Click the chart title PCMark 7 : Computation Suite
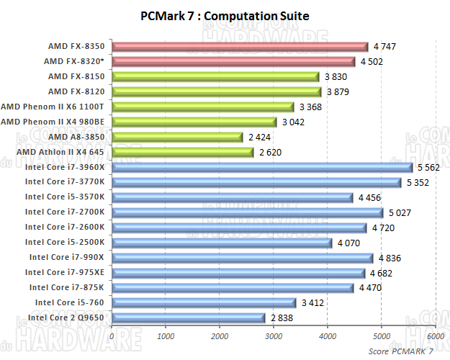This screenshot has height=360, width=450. (225, 15)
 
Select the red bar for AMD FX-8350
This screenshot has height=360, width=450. (239, 47)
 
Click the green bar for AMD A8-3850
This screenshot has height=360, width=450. (177, 137)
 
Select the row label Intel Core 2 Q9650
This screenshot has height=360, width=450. (66, 318)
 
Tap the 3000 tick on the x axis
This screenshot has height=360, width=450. (274, 336)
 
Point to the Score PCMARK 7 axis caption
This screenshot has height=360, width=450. (401, 351)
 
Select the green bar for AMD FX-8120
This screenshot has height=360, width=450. (216, 91)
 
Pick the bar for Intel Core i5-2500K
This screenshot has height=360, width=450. (221, 243)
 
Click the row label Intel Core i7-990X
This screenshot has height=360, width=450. (67, 257)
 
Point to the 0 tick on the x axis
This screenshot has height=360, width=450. (112, 336)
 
